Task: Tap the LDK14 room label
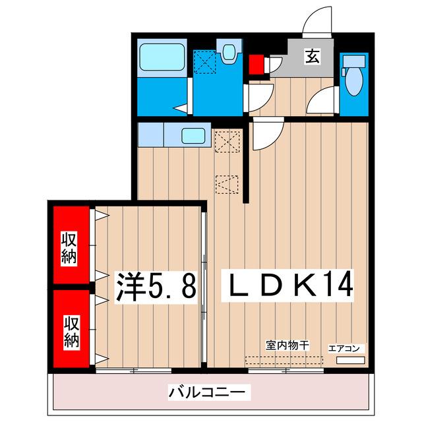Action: point(291,285)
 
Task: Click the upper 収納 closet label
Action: point(69,248)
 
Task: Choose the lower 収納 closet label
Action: point(71,332)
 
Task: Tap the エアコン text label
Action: point(344,347)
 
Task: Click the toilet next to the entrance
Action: point(354,76)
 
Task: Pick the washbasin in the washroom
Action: point(229,52)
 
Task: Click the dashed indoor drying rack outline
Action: point(284,361)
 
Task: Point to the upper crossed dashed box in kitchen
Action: point(226,140)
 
